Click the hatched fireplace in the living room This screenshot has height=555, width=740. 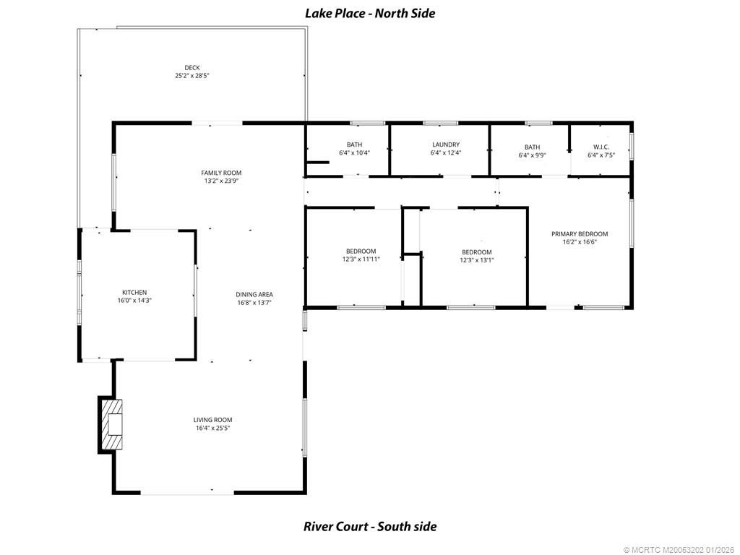click(x=111, y=424)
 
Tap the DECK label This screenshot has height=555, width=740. click(x=192, y=67)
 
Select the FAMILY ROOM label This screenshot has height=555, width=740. click(x=221, y=173)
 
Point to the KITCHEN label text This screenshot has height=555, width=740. click(x=134, y=292)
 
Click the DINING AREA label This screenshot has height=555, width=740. click(x=254, y=294)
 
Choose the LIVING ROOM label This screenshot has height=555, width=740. click(x=212, y=420)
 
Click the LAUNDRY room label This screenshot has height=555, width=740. click(x=445, y=145)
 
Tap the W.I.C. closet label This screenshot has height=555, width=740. click(x=601, y=147)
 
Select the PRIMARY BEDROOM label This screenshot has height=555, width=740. click(x=580, y=234)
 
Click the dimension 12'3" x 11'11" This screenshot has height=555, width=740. click(x=361, y=259)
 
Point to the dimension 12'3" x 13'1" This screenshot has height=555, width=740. click(x=477, y=260)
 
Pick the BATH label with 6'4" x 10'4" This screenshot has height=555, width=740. click(x=354, y=145)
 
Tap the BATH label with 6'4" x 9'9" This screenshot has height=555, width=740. click(x=533, y=147)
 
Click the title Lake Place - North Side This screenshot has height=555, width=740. click(x=370, y=13)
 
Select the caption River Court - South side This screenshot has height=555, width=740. click(x=370, y=526)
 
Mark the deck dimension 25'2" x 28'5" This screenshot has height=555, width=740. click(x=192, y=76)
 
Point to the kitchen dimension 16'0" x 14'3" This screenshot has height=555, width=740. click(x=134, y=301)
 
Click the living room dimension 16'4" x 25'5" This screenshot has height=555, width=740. click(x=212, y=429)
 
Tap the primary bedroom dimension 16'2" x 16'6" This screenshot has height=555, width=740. click(x=580, y=243)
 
